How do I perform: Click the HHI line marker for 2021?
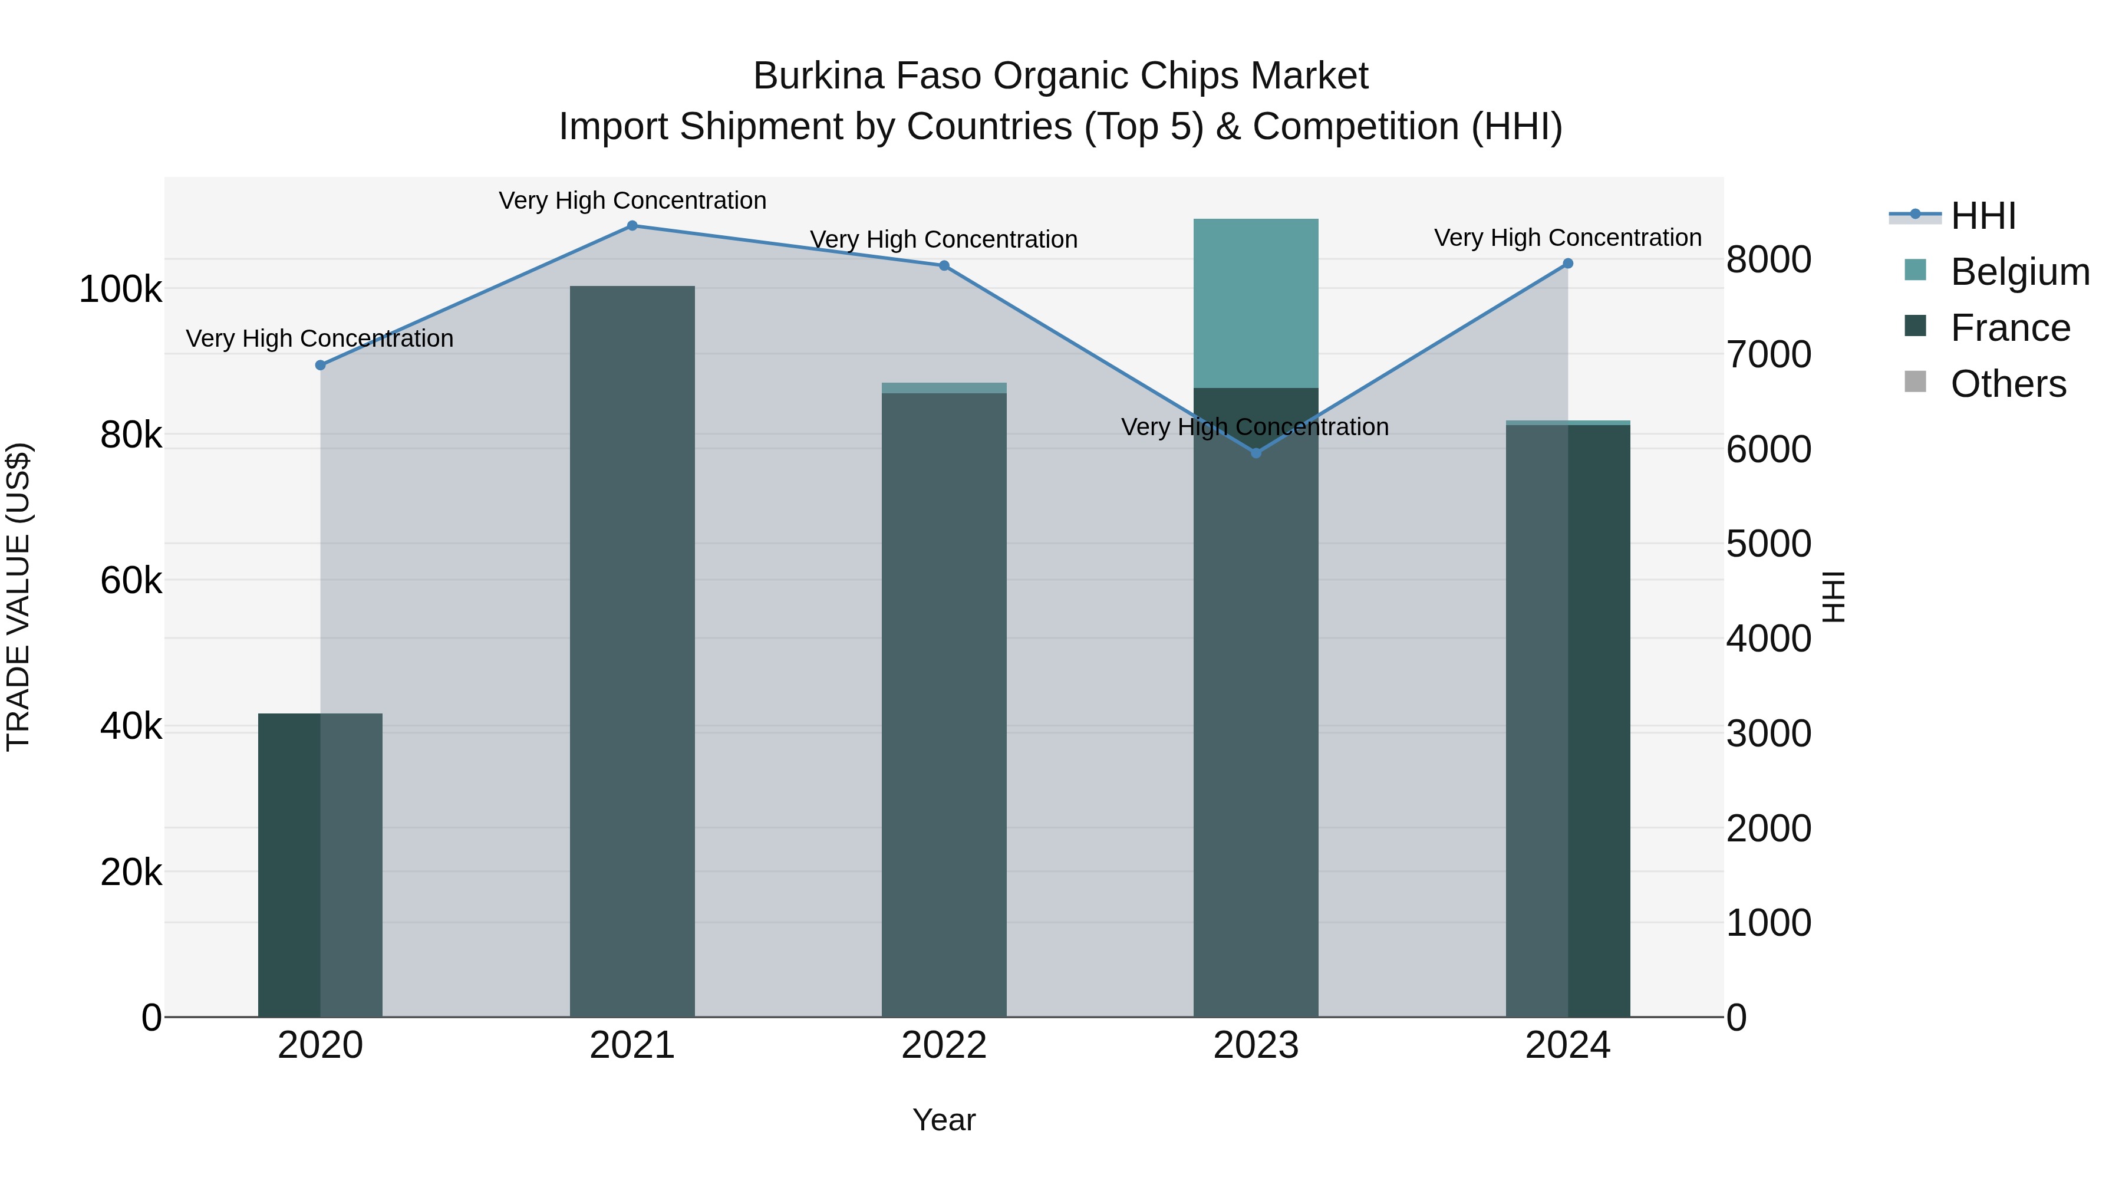click(632, 226)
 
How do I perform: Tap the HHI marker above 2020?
click(321, 365)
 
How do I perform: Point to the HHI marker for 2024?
click(1567, 264)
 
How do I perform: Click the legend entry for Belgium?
click(2019, 272)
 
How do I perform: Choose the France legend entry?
click(2009, 328)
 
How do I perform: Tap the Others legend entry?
click(2008, 384)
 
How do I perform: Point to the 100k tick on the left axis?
click(120, 290)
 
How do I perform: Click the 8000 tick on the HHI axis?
click(1768, 259)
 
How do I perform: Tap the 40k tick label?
click(131, 727)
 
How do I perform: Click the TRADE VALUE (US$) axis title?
click(18, 597)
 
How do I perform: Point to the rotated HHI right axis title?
click(1834, 597)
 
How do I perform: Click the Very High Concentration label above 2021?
click(632, 200)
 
